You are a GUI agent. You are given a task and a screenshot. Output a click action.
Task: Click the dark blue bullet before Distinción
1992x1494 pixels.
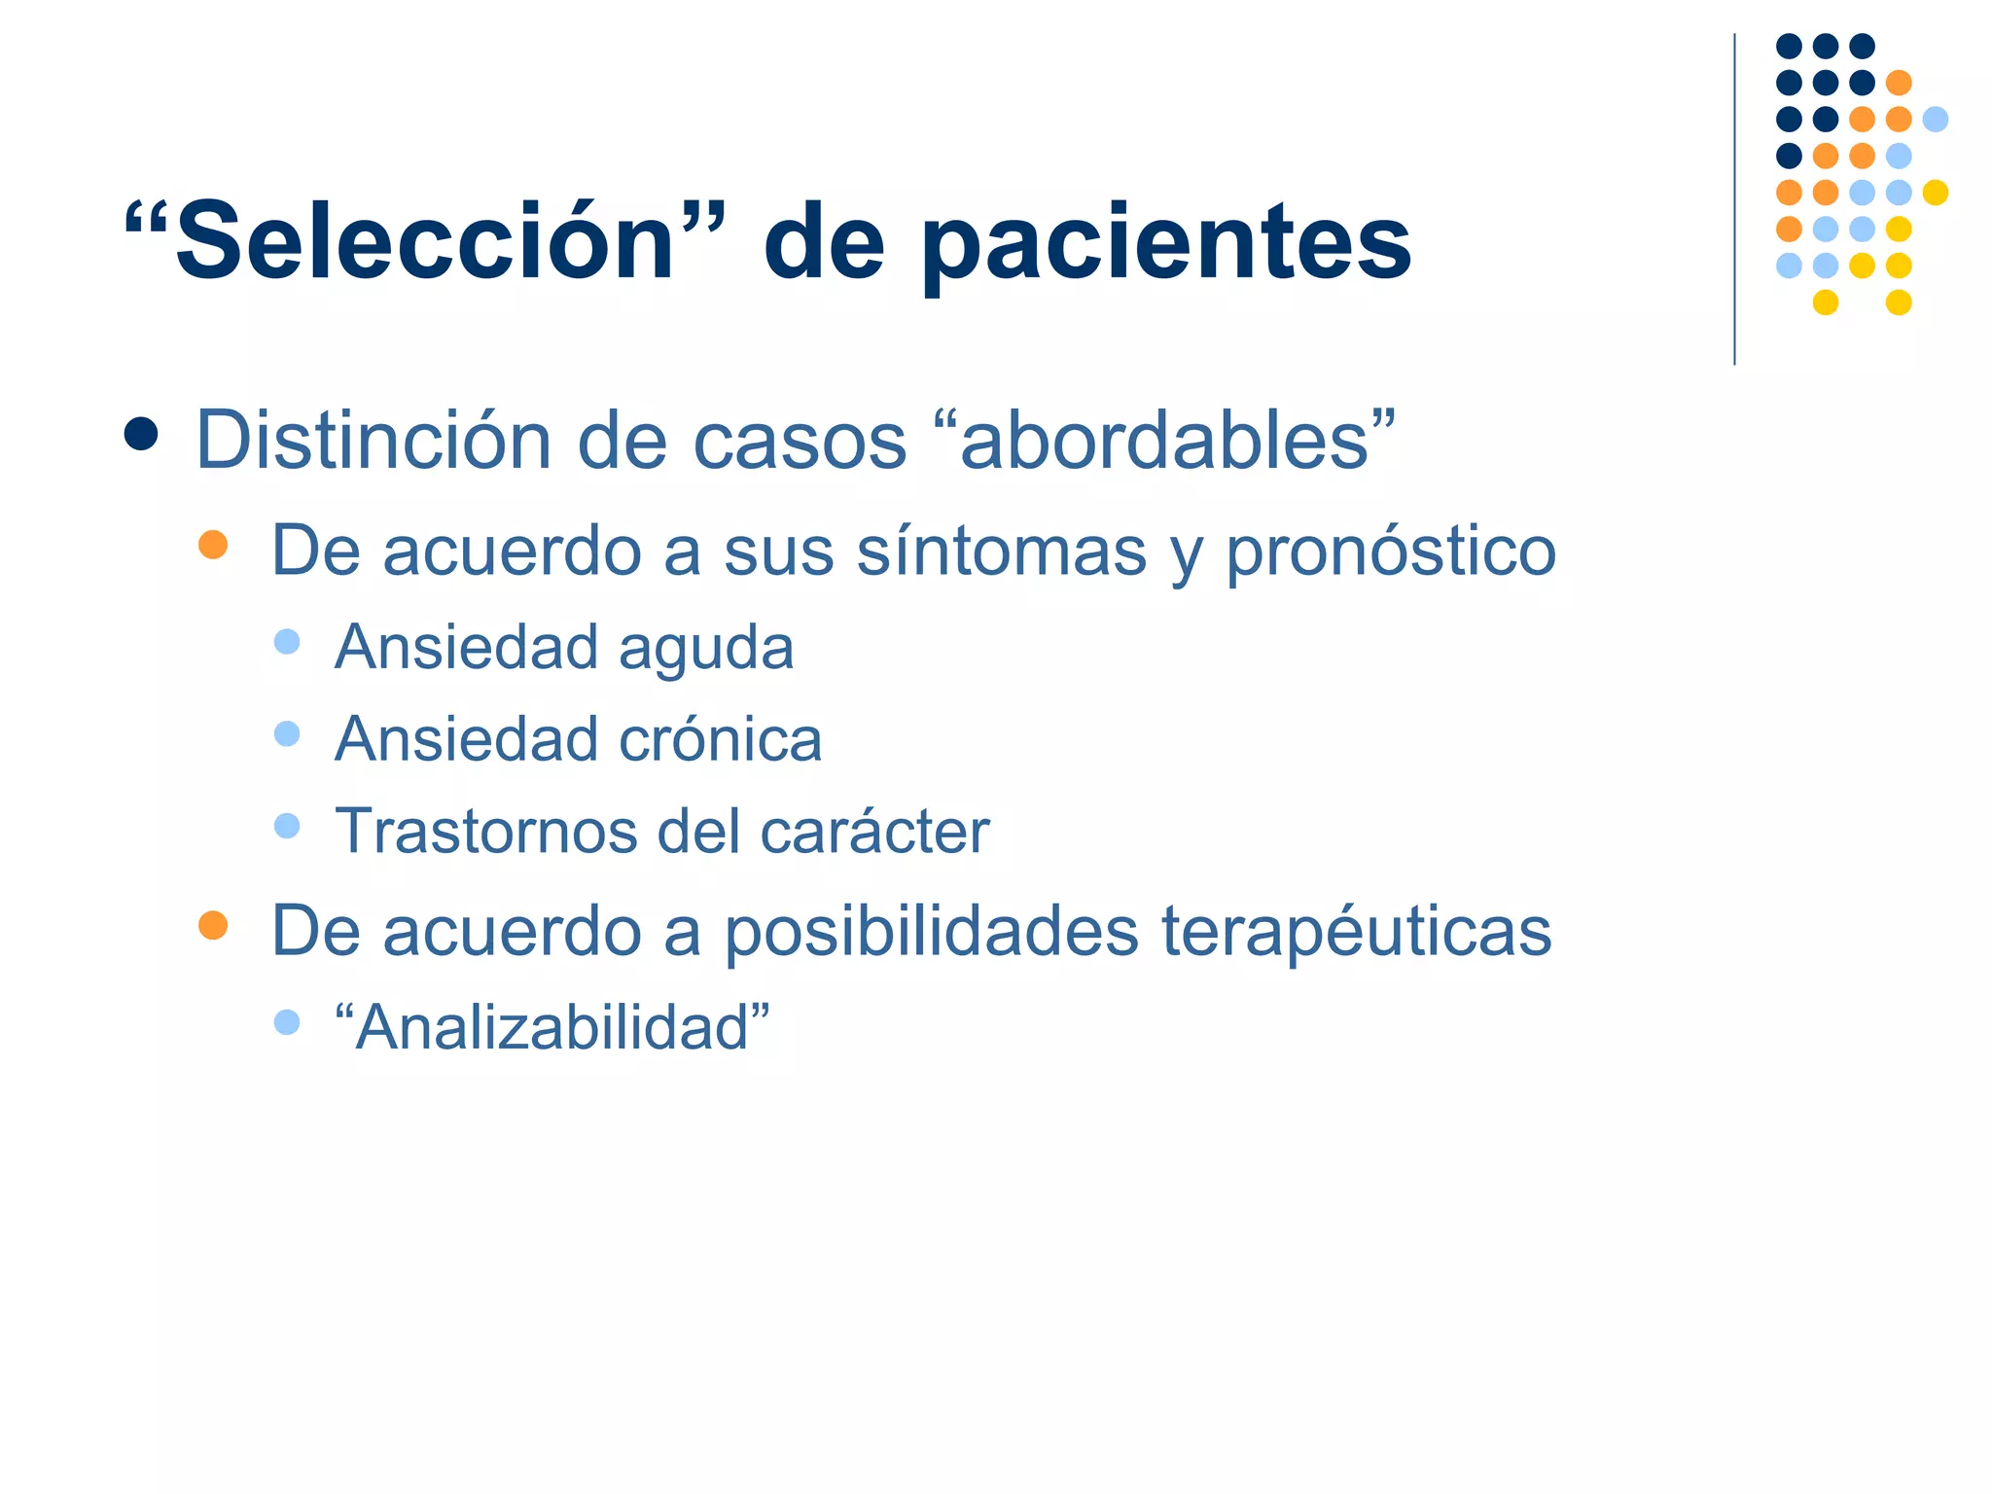coord(141,434)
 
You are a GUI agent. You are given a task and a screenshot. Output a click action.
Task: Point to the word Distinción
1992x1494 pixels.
coord(374,441)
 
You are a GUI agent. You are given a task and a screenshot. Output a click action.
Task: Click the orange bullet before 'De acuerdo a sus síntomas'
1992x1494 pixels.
coord(213,544)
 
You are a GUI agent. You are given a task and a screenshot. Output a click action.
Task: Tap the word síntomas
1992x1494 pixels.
coord(1002,551)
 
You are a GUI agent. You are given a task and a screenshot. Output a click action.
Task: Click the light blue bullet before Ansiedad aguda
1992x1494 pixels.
coord(287,641)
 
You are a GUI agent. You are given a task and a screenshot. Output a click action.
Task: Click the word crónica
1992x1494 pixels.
coord(721,739)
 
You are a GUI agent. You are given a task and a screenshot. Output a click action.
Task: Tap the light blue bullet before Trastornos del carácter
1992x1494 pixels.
coord(287,826)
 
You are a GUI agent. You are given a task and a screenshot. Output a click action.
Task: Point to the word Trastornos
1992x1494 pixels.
coord(486,832)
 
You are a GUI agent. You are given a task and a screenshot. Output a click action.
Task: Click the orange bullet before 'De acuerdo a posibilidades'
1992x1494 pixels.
coord(213,924)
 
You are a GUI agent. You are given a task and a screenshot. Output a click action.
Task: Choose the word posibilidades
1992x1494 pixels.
coord(932,932)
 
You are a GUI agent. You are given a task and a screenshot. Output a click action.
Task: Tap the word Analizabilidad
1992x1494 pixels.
coord(552,1027)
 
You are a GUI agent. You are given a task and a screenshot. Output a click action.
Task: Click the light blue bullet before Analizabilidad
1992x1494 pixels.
coord(287,1021)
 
